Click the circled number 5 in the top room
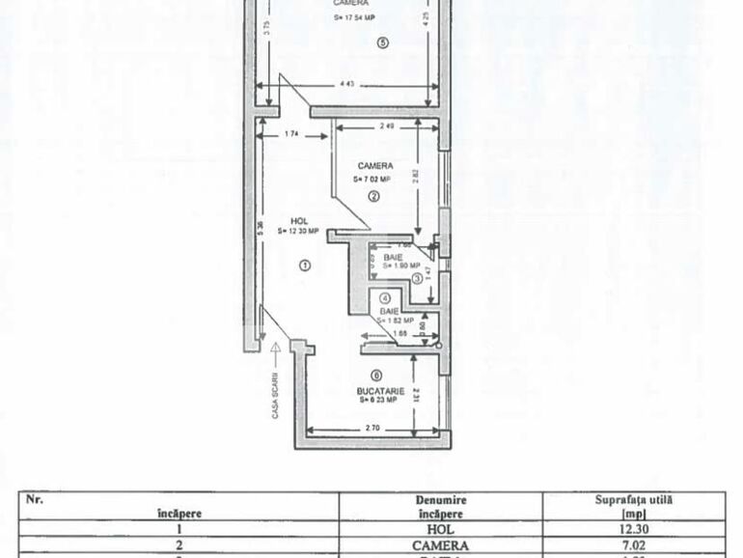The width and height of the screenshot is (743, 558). click(x=382, y=42)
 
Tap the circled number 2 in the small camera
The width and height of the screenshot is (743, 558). click(x=373, y=196)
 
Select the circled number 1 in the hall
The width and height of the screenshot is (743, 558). click(x=304, y=265)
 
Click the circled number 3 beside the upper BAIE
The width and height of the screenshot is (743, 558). click(x=416, y=278)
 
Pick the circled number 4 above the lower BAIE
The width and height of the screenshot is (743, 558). click(x=385, y=299)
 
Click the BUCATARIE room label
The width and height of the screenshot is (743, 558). click(x=379, y=390)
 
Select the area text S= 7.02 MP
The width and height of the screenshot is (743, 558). click(x=372, y=179)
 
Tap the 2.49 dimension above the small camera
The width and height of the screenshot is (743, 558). click(x=386, y=126)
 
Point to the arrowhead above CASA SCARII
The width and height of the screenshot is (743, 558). click(x=275, y=346)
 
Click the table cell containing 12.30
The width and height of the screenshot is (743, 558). click(x=633, y=529)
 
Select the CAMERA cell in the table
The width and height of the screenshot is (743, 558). click(x=441, y=545)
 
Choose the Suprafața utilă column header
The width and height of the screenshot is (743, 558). click(x=633, y=506)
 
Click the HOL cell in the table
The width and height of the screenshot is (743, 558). click(x=441, y=529)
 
